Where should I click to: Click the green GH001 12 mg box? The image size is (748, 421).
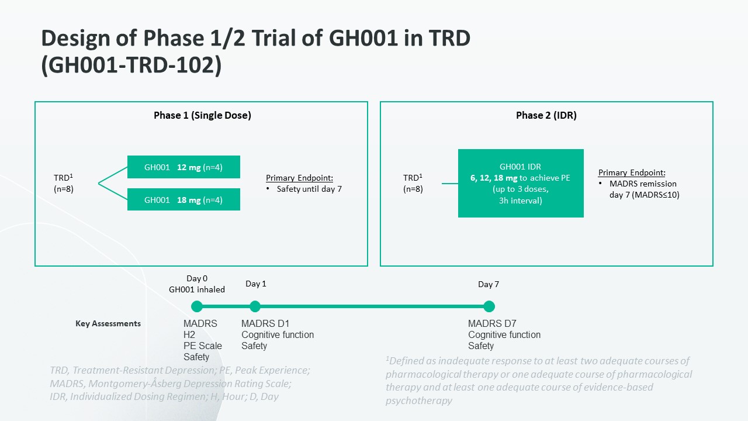pyautogui.click(x=183, y=167)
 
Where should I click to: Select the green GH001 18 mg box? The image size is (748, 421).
pyautogui.click(x=183, y=199)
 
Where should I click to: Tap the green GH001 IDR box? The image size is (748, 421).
pyautogui.click(x=521, y=183)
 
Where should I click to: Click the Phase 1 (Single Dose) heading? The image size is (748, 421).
pyautogui.click(x=202, y=115)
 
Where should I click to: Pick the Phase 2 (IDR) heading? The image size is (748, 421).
pyautogui.click(x=546, y=115)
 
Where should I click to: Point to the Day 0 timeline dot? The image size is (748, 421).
pyautogui.click(x=197, y=306)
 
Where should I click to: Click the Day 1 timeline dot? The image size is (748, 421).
pyautogui.click(x=255, y=306)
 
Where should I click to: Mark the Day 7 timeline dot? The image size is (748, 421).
pyautogui.click(x=489, y=306)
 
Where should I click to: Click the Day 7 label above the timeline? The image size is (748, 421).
pyautogui.click(x=489, y=284)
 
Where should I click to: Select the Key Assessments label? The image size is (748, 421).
pyautogui.click(x=108, y=323)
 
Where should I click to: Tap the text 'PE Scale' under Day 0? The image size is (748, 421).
pyautogui.click(x=203, y=346)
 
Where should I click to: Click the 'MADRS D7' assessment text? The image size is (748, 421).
pyautogui.click(x=492, y=323)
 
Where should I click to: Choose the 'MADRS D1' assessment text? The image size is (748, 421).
pyautogui.click(x=265, y=323)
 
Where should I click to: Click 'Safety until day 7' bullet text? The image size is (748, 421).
pyautogui.click(x=309, y=189)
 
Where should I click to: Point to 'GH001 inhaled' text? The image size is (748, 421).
pyautogui.click(x=197, y=289)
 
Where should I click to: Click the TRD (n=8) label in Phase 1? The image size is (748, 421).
pyautogui.click(x=64, y=183)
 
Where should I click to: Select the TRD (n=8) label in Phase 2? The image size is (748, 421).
pyautogui.click(x=413, y=183)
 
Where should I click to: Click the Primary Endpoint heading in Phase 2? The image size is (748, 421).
pyautogui.click(x=632, y=172)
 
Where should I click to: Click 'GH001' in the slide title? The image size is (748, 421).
pyautogui.click(x=363, y=38)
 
